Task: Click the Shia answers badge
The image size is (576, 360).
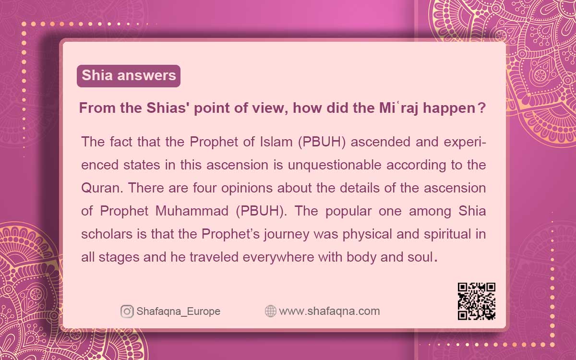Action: pos(129,76)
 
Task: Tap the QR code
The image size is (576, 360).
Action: pos(476,301)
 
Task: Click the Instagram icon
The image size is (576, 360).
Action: pos(127,312)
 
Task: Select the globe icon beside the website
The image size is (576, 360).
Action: pos(271,312)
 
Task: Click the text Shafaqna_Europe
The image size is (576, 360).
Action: pos(178,312)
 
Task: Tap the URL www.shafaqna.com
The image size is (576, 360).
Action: pos(329,312)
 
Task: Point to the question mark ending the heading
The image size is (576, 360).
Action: pos(481,109)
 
